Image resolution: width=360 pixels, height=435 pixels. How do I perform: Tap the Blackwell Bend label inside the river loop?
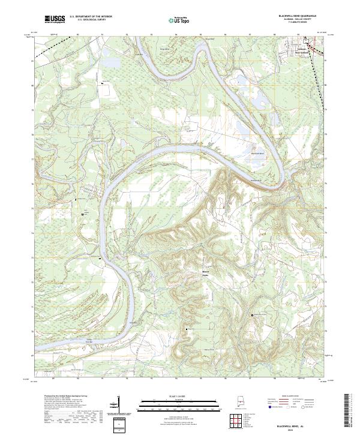click(x=257, y=154)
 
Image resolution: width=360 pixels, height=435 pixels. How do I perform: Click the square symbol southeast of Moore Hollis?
click(x=253, y=314)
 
